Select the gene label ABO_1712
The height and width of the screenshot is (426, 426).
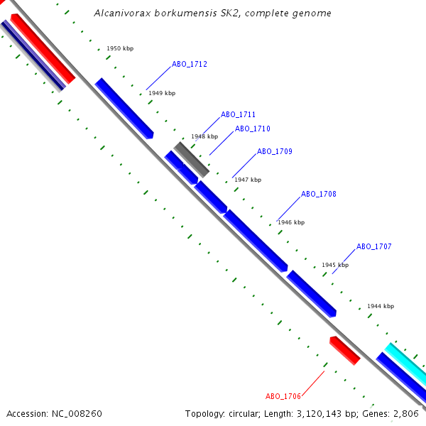coord(190,64)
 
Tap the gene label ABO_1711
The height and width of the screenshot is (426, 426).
coord(238,114)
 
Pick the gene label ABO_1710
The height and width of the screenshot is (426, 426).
coord(253,129)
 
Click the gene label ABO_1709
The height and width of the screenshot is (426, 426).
coord(275,151)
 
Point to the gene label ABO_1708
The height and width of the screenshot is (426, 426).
coord(319,194)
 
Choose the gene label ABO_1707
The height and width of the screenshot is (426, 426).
coord(374,246)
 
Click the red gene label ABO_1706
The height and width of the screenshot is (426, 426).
coord(283,396)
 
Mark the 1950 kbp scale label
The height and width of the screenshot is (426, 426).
coord(120,49)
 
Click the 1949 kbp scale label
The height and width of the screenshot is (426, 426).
coord(162,93)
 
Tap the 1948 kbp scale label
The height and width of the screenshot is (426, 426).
coord(204,136)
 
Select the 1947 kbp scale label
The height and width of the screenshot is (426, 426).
coord(248,180)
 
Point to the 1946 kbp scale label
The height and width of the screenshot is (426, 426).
coord(291,222)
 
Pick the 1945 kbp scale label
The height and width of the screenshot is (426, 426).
coord(335,265)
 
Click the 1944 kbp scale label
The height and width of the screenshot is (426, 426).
coord(381,306)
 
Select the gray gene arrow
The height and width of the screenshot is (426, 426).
coord(192,159)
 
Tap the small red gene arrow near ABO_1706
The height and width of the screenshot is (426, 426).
coord(345,351)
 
